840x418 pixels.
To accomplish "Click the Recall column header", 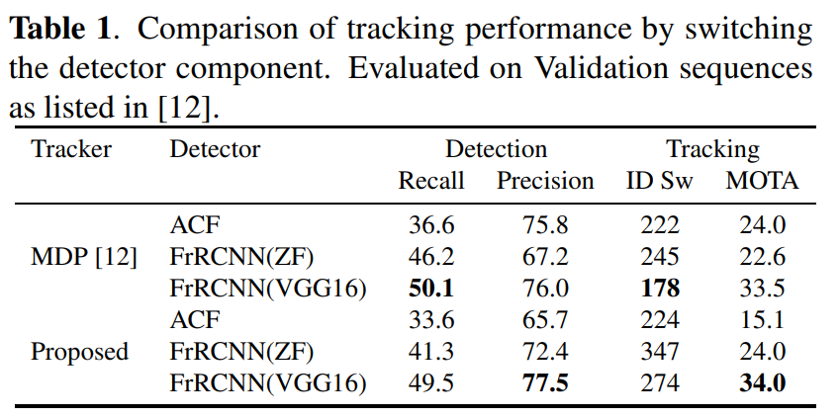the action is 430,182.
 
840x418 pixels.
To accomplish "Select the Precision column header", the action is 545,182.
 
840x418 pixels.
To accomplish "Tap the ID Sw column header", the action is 660,182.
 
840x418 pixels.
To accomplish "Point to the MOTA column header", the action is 762,182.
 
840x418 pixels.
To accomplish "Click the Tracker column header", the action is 71,149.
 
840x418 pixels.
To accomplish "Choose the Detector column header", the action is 215,149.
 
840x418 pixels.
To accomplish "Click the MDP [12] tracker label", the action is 84,258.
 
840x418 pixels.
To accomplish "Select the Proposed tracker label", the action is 80,353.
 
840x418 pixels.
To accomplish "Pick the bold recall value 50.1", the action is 431,289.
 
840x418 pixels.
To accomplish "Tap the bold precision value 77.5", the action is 545,383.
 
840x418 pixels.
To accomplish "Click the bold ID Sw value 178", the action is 660,289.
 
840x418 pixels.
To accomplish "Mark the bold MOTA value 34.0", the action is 763,383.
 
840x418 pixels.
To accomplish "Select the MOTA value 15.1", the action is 762,320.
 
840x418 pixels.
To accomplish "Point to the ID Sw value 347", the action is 660,352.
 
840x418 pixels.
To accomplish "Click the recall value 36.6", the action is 431,225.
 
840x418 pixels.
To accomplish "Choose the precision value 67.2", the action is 545,258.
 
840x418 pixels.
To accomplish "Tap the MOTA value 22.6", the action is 762,258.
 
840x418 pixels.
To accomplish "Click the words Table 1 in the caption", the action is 60,31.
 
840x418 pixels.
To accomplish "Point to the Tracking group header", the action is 713,150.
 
